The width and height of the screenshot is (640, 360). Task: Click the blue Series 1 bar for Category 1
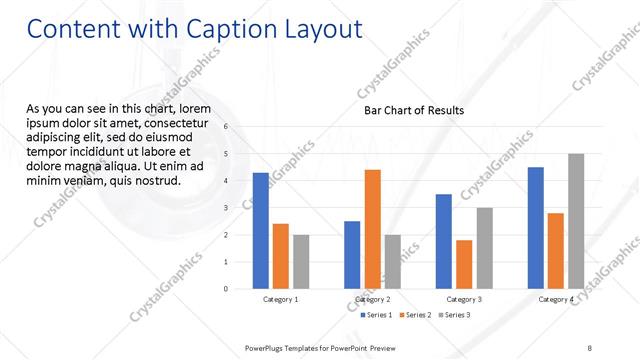pyautogui.click(x=261, y=231)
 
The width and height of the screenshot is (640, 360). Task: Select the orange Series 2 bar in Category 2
pyautogui.click(x=372, y=229)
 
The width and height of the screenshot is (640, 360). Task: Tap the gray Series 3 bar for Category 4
pyautogui.click(x=576, y=221)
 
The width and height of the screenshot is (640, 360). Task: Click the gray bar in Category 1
pyautogui.click(x=301, y=262)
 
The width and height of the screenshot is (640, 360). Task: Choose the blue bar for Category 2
pyautogui.click(x=352, y=255)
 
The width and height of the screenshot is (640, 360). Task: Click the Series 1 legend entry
pyautogui.click(x=376, y=315)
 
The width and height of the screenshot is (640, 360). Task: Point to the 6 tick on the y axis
pyautogui.click(x=226, y=127)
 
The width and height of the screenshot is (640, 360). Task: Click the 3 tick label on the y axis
pyautogui.click(x=226, y=208)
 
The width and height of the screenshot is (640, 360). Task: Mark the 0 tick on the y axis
pyautogui.click(x=226, y=289)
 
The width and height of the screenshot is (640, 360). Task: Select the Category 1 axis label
pyautogui.click(x=281, y=299)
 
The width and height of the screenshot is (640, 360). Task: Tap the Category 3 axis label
pyautogui.click(x=464, y=299)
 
